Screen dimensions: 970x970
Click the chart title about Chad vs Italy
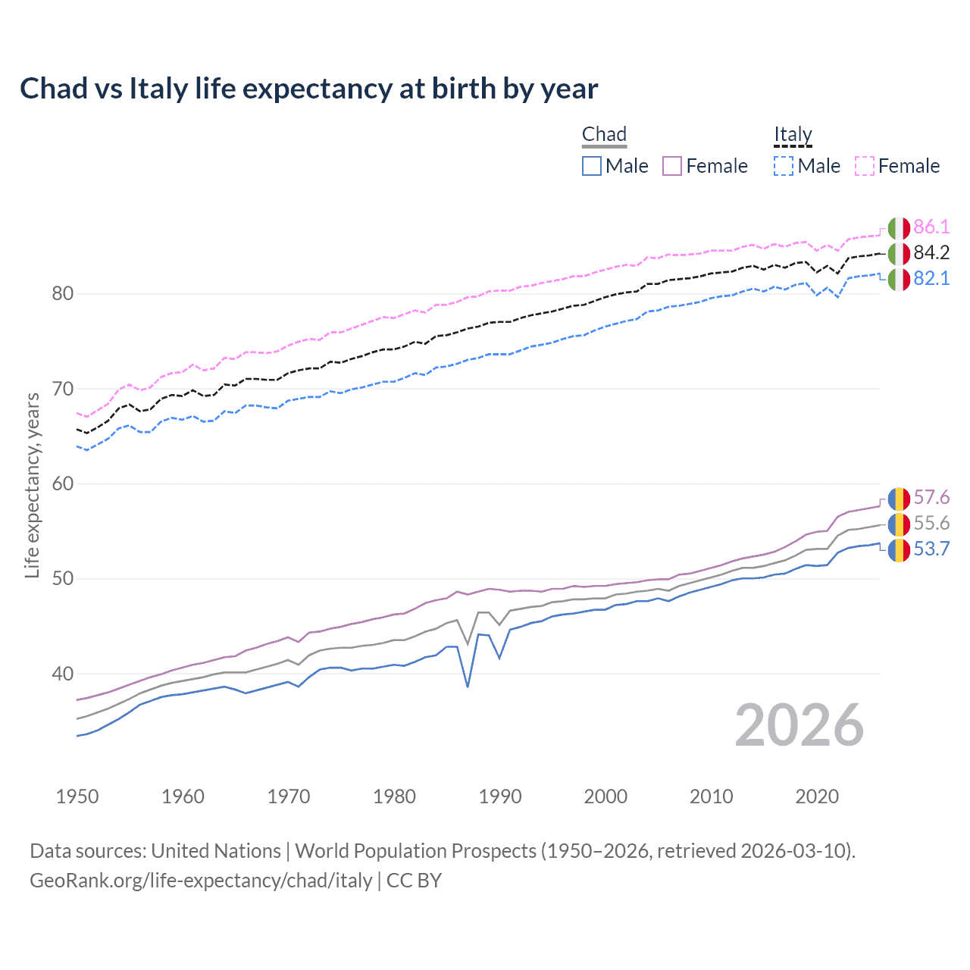coord(308,89)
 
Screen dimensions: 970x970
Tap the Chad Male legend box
coord(592,166)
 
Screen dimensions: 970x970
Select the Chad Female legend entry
coord(705,166)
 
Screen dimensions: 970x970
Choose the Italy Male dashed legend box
coord(784,166)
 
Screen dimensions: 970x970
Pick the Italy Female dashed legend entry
coord(897,166)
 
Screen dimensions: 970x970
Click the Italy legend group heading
coord(793,135)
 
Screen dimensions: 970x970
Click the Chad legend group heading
coord(604,135)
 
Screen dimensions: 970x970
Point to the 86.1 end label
coord(931,227)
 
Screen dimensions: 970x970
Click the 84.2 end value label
coord(931,252)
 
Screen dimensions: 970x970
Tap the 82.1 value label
coord(931,278)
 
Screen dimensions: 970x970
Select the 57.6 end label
coord(931,497)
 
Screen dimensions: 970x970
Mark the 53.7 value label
coord(931,549)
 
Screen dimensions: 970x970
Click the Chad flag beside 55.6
coord(899,524)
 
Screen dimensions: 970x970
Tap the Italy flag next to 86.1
coord(899,227)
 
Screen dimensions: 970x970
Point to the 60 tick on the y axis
coord(62,483)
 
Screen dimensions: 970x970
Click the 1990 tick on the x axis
coord(500,796)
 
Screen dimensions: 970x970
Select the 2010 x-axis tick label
coord(711,796)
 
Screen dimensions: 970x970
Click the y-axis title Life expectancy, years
coord(32,485)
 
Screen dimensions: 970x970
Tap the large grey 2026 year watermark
coord(799,725)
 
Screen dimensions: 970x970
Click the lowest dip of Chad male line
coord(468,687)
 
